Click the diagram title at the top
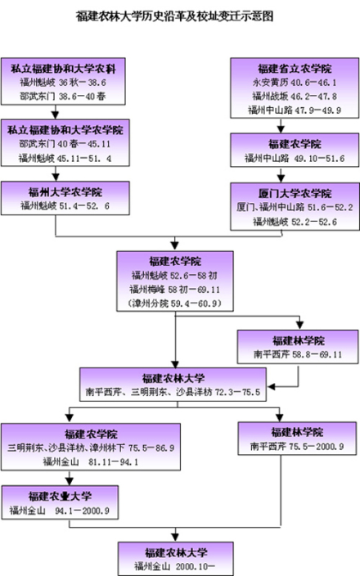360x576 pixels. pos(174,16)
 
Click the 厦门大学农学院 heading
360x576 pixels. pos(283,194)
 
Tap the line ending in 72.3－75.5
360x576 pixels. pos(173,392)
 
